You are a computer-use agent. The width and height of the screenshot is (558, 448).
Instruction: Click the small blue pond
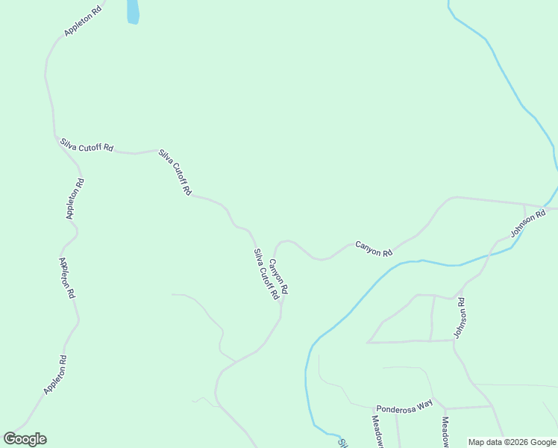click(x=133, y=11)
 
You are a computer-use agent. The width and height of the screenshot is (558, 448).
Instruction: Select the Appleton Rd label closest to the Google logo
click(x=54, y=375)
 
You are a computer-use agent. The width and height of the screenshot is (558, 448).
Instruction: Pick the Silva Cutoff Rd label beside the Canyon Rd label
click(x=265, y=274)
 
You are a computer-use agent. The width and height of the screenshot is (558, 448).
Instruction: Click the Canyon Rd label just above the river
click(x=373, y=249)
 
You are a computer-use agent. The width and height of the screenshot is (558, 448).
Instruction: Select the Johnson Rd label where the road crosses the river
click(x=528, y=225)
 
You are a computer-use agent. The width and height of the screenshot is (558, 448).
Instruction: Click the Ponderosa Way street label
click(x=404, y=406)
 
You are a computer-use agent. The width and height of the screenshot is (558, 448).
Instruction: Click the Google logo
click(x=25, y=438)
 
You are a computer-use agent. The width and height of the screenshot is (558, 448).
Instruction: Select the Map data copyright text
click(x=512, y=442)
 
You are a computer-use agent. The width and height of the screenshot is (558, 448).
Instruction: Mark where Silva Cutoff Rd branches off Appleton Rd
click(x=56, y=137)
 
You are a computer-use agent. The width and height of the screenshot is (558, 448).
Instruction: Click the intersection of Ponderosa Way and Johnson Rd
click(x=491, y=406)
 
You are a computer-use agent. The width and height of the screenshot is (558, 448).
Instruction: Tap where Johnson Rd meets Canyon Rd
click(x=524, y=205)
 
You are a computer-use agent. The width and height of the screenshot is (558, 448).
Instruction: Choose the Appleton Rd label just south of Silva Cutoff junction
click(x=75, y=198)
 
